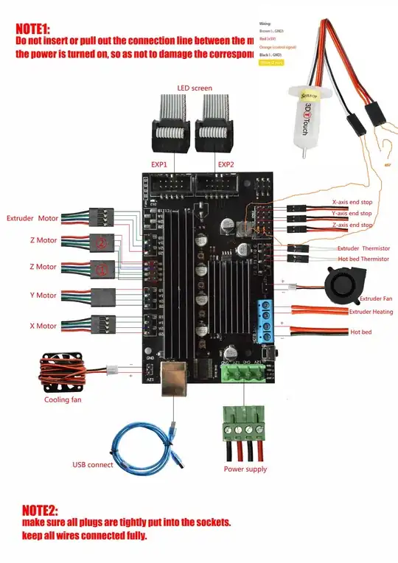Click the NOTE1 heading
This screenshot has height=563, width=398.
33,29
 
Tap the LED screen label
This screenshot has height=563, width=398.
195,88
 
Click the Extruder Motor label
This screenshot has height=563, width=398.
32,219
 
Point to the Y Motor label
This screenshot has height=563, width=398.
43,296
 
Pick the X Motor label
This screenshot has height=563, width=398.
43,325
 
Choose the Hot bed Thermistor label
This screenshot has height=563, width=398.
363,259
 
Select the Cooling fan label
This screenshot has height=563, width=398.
63,399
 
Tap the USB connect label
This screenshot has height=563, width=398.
93,465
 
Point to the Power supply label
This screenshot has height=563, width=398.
245,469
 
